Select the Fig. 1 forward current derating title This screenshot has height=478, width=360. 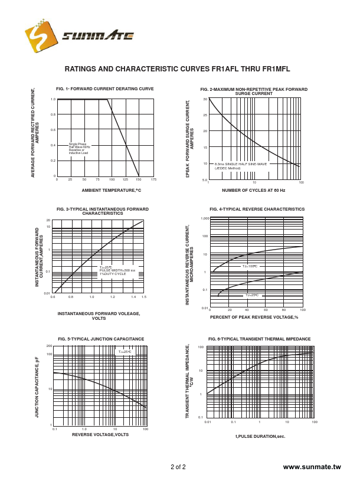click(105, 89)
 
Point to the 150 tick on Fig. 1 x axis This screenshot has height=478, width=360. click(139, 179)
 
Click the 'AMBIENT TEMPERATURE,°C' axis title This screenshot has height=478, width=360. click(112, 191)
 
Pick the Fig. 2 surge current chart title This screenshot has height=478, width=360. click(254, 91)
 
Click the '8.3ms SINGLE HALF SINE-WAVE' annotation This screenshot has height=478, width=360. click(241, 163)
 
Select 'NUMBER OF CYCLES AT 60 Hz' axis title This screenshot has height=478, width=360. click(253, 191)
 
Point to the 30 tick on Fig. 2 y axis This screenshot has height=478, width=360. click(205, 99)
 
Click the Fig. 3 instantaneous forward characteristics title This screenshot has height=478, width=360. click(103, 211)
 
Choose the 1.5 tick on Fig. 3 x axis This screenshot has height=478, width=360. click(143, 296)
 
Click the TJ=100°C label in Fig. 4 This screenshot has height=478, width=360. click(250, 266)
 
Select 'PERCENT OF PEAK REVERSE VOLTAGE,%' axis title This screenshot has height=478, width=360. click(254, 317)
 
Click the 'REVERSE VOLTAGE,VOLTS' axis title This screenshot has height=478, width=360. click(100, 434)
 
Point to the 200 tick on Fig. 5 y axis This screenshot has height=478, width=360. click(49, 346)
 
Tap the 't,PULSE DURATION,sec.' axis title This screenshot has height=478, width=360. click(260, 436)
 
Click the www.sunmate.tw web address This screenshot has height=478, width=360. click(312, 467)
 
